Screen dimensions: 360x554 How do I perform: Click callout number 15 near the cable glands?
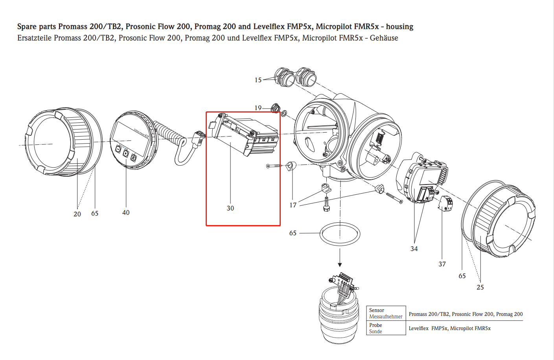click(x=258, y=80)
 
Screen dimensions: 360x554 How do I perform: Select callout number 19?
click(x=258, y=108)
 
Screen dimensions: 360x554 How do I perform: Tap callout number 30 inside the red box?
click(x=230, y=208)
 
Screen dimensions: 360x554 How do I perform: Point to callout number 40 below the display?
click(x=126, y=212)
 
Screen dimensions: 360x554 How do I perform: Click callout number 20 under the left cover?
click(x=77, y=214)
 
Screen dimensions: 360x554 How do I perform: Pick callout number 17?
click(x=293, y=205)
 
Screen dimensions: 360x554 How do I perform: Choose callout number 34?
click(x=414, y=249)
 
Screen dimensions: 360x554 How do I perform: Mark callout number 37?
click(x=442, y=264)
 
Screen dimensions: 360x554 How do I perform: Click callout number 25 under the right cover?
click(x=480, y=287)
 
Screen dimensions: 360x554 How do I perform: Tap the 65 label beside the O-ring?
click(x=293, y=233)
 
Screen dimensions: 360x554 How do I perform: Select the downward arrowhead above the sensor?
click(x=340, y=265)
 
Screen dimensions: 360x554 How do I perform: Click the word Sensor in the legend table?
click(x=377, y=310)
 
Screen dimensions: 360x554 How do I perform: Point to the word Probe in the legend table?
click(x=375, y=325)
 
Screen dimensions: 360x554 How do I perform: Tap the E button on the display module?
click(x=133, y=158)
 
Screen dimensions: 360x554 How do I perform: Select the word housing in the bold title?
click(x=399, y=26)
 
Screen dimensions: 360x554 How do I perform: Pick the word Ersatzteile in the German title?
click(x=34, y=38)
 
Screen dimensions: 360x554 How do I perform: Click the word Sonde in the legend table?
click(x=375, y=332)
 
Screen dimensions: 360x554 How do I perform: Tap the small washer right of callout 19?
click(x=284, y=114)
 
